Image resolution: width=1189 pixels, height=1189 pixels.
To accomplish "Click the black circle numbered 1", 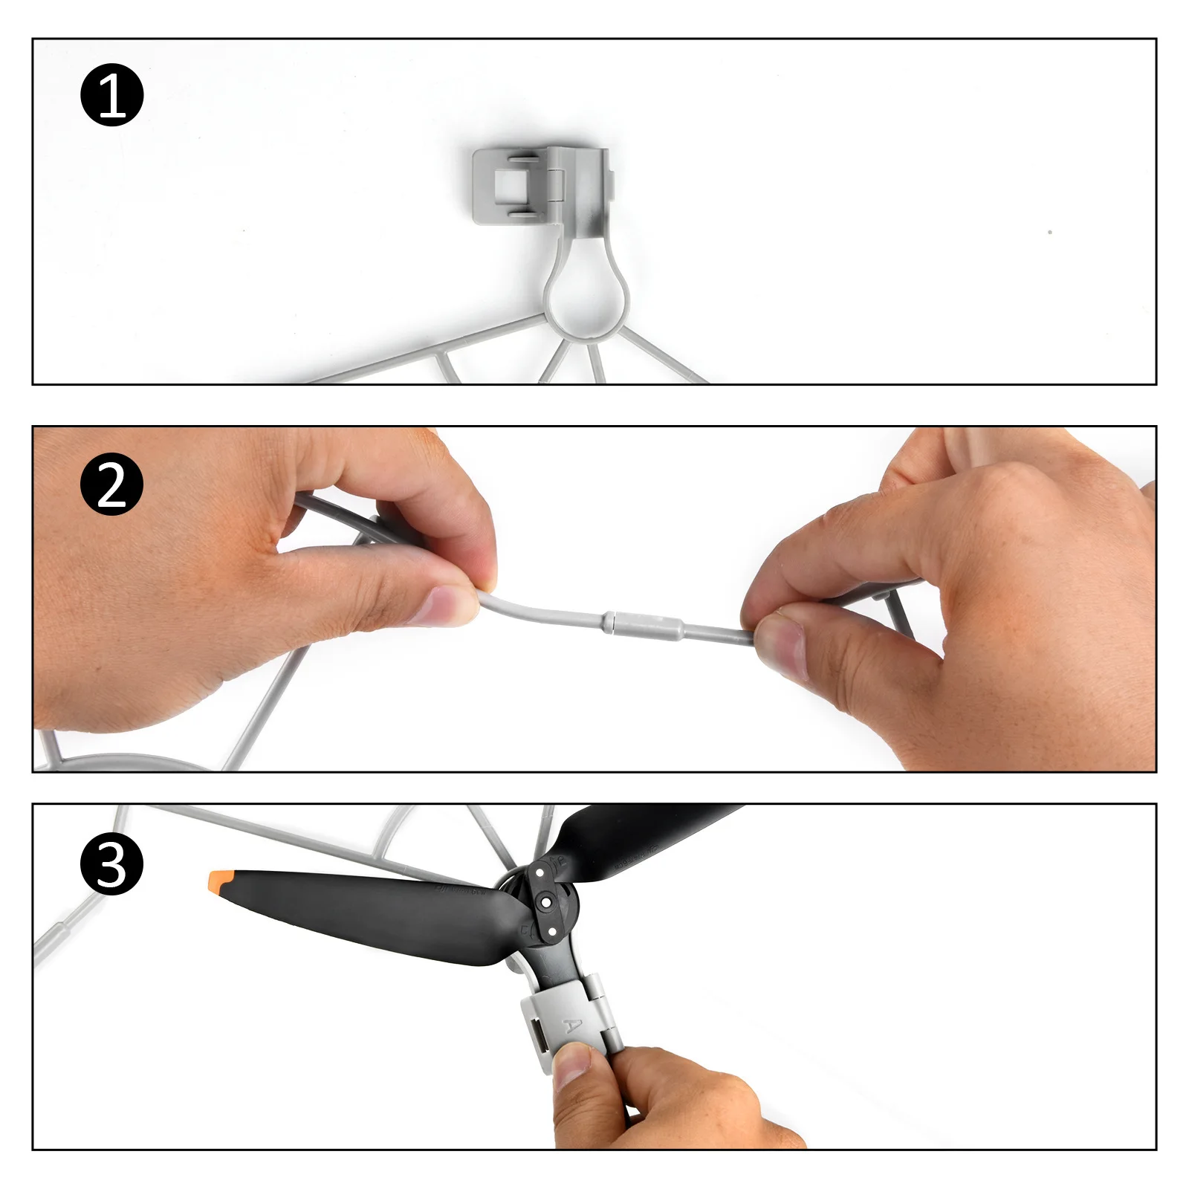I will click(111, 95).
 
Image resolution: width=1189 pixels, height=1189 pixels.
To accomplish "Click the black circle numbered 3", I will click(111, 864).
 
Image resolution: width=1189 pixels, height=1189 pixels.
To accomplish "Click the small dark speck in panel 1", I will click(1050, 233).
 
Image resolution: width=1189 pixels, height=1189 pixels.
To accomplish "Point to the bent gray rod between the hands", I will click(535, 612).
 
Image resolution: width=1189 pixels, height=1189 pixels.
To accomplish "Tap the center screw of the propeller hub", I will click(547, 902).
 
